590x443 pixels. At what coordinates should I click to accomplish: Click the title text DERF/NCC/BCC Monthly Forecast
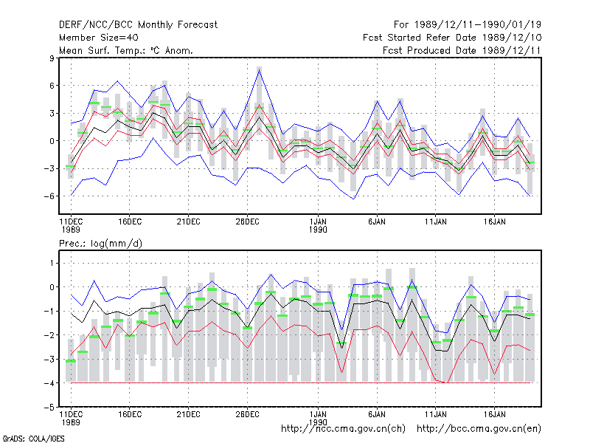[138, 25]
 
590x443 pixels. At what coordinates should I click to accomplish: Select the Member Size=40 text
[99, 38]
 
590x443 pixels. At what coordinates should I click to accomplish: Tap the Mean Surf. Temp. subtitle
[125, 50]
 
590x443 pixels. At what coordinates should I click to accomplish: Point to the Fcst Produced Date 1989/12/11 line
[462, 50]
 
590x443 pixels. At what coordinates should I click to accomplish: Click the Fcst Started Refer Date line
[452, 38]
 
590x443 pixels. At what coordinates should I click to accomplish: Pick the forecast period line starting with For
[468, 25]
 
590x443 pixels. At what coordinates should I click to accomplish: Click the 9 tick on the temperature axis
[52, 58]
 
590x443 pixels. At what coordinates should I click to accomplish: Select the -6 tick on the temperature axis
[49, 196]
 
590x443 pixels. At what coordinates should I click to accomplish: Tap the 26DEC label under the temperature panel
[247, 221]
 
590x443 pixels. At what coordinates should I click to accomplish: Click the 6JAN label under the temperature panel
[377, 221]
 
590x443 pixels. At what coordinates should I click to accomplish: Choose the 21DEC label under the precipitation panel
[189, 414]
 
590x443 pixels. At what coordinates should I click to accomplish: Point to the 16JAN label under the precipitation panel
[494, 414]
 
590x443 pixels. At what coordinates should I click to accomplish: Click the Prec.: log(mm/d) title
[100, 244]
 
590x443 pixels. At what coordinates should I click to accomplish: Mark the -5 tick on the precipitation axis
[49, 408]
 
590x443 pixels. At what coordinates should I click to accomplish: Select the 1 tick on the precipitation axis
[52, 263]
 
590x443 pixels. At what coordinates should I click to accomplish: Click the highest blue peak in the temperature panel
[260, 70]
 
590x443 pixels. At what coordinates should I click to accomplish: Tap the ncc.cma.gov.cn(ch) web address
[343, 429]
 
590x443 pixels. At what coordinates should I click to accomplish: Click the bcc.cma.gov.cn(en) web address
[479, 429]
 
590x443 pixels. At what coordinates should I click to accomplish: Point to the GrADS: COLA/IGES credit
[33, 439]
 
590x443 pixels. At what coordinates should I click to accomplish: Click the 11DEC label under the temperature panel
[71, 225]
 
